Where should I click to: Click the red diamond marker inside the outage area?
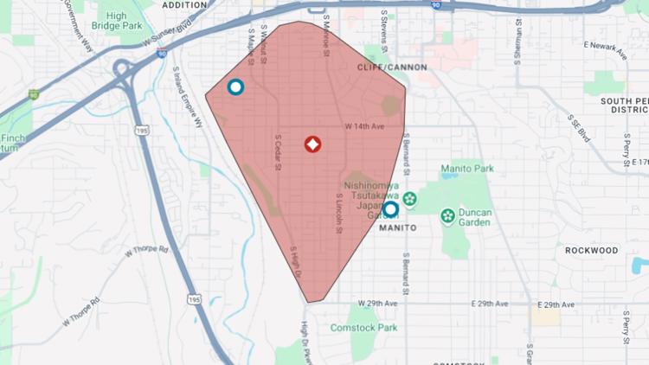click(313, 144)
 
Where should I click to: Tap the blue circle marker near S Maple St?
click(235, 87)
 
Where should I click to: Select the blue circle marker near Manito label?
click(390, 209)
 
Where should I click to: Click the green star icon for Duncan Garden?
click(448, 215)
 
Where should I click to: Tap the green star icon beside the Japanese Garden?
click(409, 200)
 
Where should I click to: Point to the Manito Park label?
click(467, 168)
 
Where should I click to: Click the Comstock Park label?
click(363, 328)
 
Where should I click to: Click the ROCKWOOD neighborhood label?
click(592, 250)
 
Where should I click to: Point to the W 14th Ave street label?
click(364, 126)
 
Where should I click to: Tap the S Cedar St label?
click(279, 152)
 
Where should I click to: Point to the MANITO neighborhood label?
click(399, 227)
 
